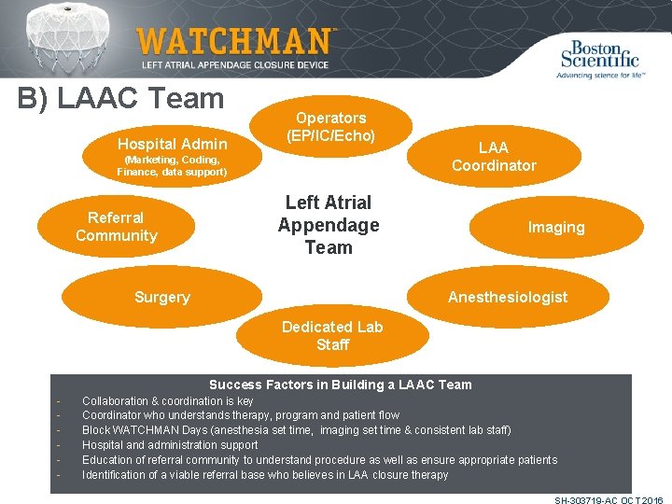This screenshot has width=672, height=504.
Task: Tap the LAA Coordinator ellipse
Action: [494, 156]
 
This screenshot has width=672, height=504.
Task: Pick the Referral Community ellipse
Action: [117, 227]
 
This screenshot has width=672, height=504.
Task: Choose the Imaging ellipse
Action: [556, 228]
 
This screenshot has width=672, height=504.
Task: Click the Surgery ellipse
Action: [162, 297]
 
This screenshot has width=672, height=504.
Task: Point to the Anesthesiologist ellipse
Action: [508, 297]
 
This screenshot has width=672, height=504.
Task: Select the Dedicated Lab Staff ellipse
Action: [332, 336]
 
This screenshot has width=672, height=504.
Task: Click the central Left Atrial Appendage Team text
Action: [329, 225]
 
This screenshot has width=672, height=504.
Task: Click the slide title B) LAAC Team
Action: [121, 98]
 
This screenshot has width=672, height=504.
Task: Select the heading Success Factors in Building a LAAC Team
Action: [341, 385]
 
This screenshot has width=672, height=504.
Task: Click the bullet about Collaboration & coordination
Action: [168, 400]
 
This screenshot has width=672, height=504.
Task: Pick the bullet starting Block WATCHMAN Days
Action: [296, 430]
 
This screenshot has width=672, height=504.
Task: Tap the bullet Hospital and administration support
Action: [170, 445]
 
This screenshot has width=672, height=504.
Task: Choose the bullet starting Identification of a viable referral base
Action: [265, 475]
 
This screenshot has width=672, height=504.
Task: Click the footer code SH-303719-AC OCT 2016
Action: [608, 500]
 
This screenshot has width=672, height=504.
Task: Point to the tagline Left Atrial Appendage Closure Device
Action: [234, 64]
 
